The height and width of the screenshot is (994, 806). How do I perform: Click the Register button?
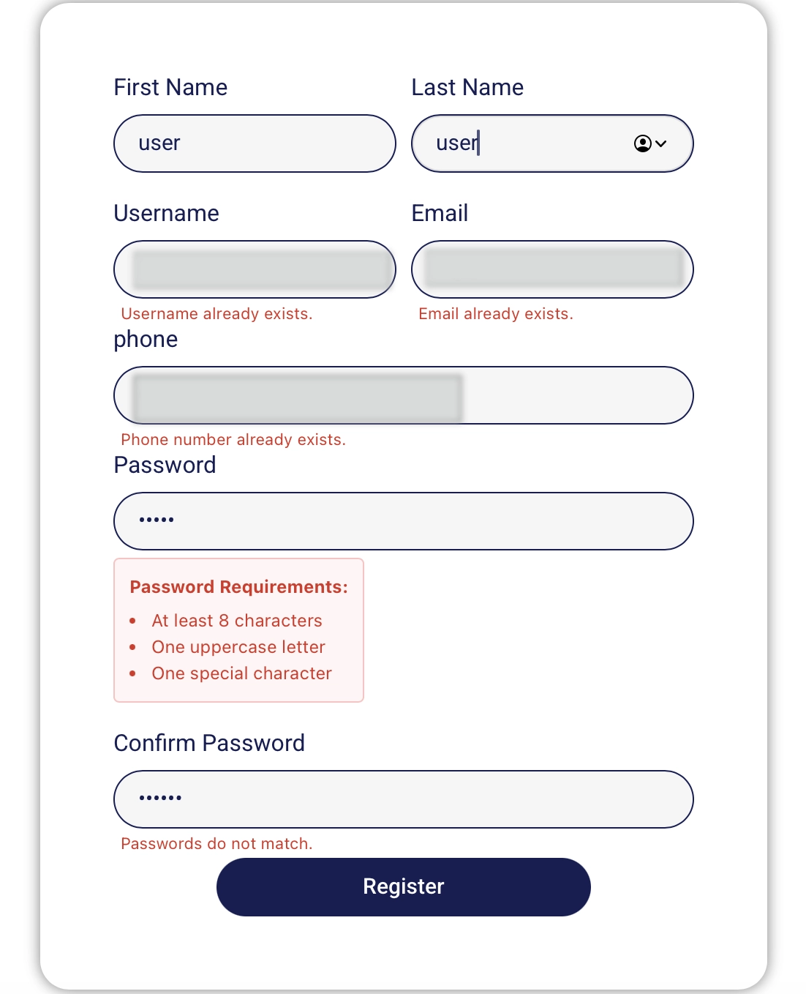tap(403, 886)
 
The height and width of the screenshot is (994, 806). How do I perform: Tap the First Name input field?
tap(255, 143)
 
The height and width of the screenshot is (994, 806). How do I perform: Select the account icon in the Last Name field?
tap(643, 143)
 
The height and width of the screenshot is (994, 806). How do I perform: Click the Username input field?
tap(255, 269)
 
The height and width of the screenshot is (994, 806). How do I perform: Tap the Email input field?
tap(552, 269)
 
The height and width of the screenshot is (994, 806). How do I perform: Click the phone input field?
tap(403, 395)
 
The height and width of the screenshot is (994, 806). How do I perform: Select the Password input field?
tap(403, 521)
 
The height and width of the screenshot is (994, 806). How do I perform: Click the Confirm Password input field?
tap(403, 799)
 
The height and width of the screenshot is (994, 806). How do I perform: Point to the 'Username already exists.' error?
tap(216, 314)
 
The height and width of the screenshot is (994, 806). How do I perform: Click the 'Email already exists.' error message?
tap(495, 314)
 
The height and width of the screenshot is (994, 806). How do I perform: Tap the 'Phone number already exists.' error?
tap(233, 440)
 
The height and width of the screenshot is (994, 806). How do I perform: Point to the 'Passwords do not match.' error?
tap(216, 844)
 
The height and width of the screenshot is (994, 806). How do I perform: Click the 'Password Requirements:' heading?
tap(238, 587)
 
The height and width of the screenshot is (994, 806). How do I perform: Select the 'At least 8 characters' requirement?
tap(237, 621)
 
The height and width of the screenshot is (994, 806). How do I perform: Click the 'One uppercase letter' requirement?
tap(238, 647)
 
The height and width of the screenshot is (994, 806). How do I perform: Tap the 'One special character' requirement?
tap(242, 673)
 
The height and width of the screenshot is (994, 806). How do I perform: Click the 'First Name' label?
tap(170, 88)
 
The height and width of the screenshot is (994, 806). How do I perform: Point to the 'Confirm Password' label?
tap(209, 743)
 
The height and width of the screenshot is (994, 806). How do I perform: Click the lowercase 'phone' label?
tap(146, 340)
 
